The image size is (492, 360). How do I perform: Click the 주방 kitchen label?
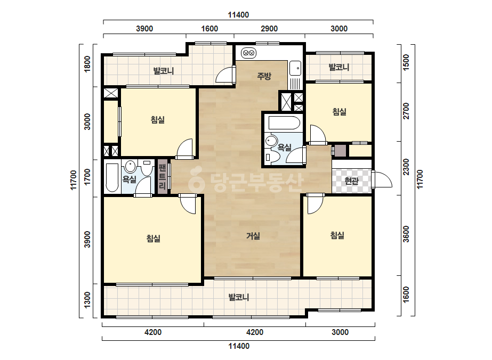pyautogui.click(x=264, y=76)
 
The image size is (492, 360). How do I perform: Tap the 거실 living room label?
pyautogui.click(x=253, y=235)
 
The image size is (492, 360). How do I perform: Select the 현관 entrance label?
pyautogui.click(x=351, y=181)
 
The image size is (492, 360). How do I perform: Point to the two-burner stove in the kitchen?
pyautogui.click(x=249, y=53)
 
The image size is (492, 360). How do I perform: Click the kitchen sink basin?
pyautogui.click(x=295, y=68)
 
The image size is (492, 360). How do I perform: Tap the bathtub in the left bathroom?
pyautogui.click(x=112, y=177)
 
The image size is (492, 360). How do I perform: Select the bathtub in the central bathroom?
pyautogui.click(x=284, y=123)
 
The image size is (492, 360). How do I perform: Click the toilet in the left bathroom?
pyautogui.click(x=146, y=168)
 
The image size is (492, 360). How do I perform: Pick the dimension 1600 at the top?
pyautogui.click(x=209, y=29)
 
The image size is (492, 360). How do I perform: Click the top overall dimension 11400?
pyautogui.click(x=238, y=15)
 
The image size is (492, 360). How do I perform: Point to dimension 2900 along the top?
pyautogui.click(x=269, y=29)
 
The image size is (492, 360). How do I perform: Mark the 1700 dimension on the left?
pyautogui.click(x=87, y=177)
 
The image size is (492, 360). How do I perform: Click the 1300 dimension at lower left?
pyautogui.click(x=87, y=300)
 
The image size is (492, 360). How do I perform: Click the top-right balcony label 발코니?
pyautogui.click(x=339, y=67)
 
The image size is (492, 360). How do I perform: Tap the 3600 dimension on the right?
pyautogui.click(x=406, y=234)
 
